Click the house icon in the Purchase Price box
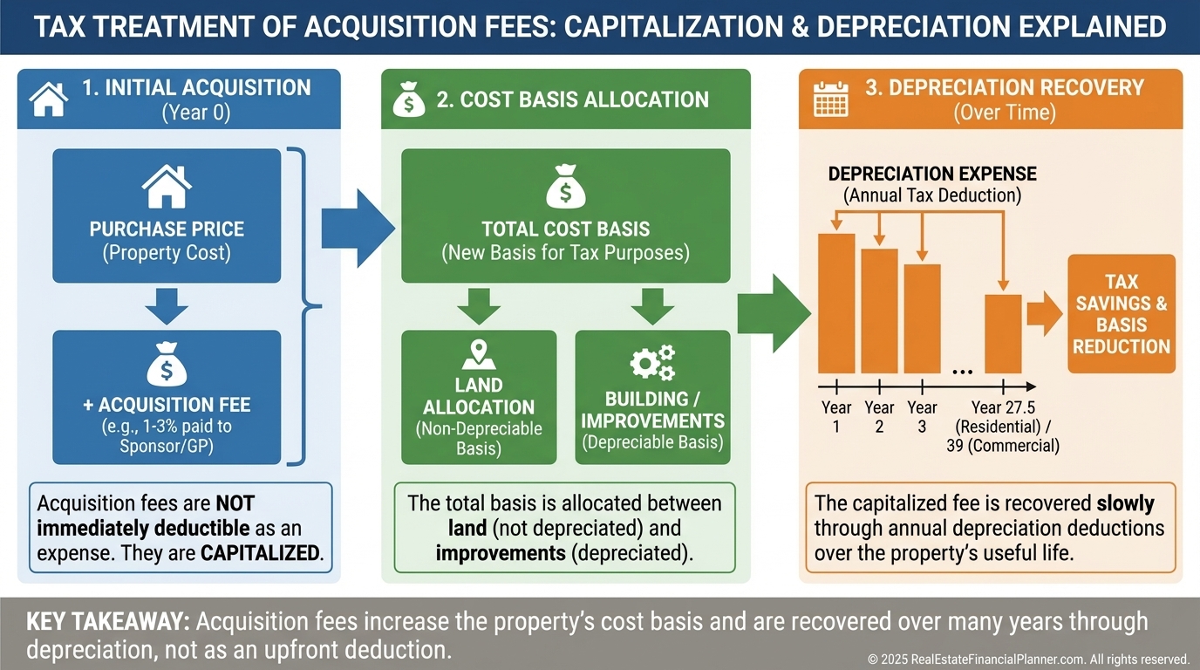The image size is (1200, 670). coord(167,187)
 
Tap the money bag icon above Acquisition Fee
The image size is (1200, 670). coord(167,365)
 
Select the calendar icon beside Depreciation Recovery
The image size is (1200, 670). coord(830,99)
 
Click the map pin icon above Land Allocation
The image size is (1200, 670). coord(478,354)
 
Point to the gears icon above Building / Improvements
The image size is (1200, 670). coord(652,362)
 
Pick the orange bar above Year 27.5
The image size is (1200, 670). coord(1003,333)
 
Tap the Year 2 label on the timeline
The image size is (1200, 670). coord(879,416)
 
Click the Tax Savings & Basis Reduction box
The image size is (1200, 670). coord(1122,313)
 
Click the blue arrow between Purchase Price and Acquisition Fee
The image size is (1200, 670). coord(167,306)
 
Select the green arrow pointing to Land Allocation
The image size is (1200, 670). coord(478,306)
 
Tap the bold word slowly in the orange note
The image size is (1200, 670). coord(1125,503)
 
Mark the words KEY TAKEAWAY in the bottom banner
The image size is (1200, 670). coord(108,622)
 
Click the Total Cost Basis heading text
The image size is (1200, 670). coord(565,229)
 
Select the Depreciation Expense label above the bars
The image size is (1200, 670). coord(932,174)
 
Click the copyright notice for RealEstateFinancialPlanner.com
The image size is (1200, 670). coord(1028,659)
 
